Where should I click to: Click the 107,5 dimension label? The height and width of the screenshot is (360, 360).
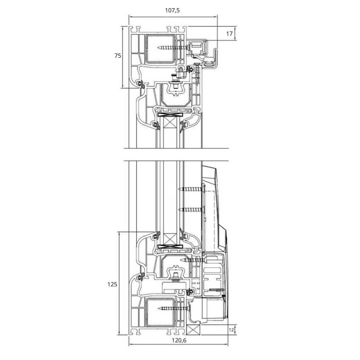(172, 10)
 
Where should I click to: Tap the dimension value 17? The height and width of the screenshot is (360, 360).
(229, 34)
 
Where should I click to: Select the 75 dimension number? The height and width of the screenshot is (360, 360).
(118, 56)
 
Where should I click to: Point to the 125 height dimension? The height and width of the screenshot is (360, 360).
(112, 284)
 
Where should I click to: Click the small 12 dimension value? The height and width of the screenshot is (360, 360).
(231, 330)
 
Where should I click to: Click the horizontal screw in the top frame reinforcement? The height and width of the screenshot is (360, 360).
(170, 48)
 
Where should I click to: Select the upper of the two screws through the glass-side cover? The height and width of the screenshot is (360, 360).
(191, 189)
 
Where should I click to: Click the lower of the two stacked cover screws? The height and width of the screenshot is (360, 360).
(191, 209)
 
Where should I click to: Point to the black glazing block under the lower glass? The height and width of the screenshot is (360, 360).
(170, 247)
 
